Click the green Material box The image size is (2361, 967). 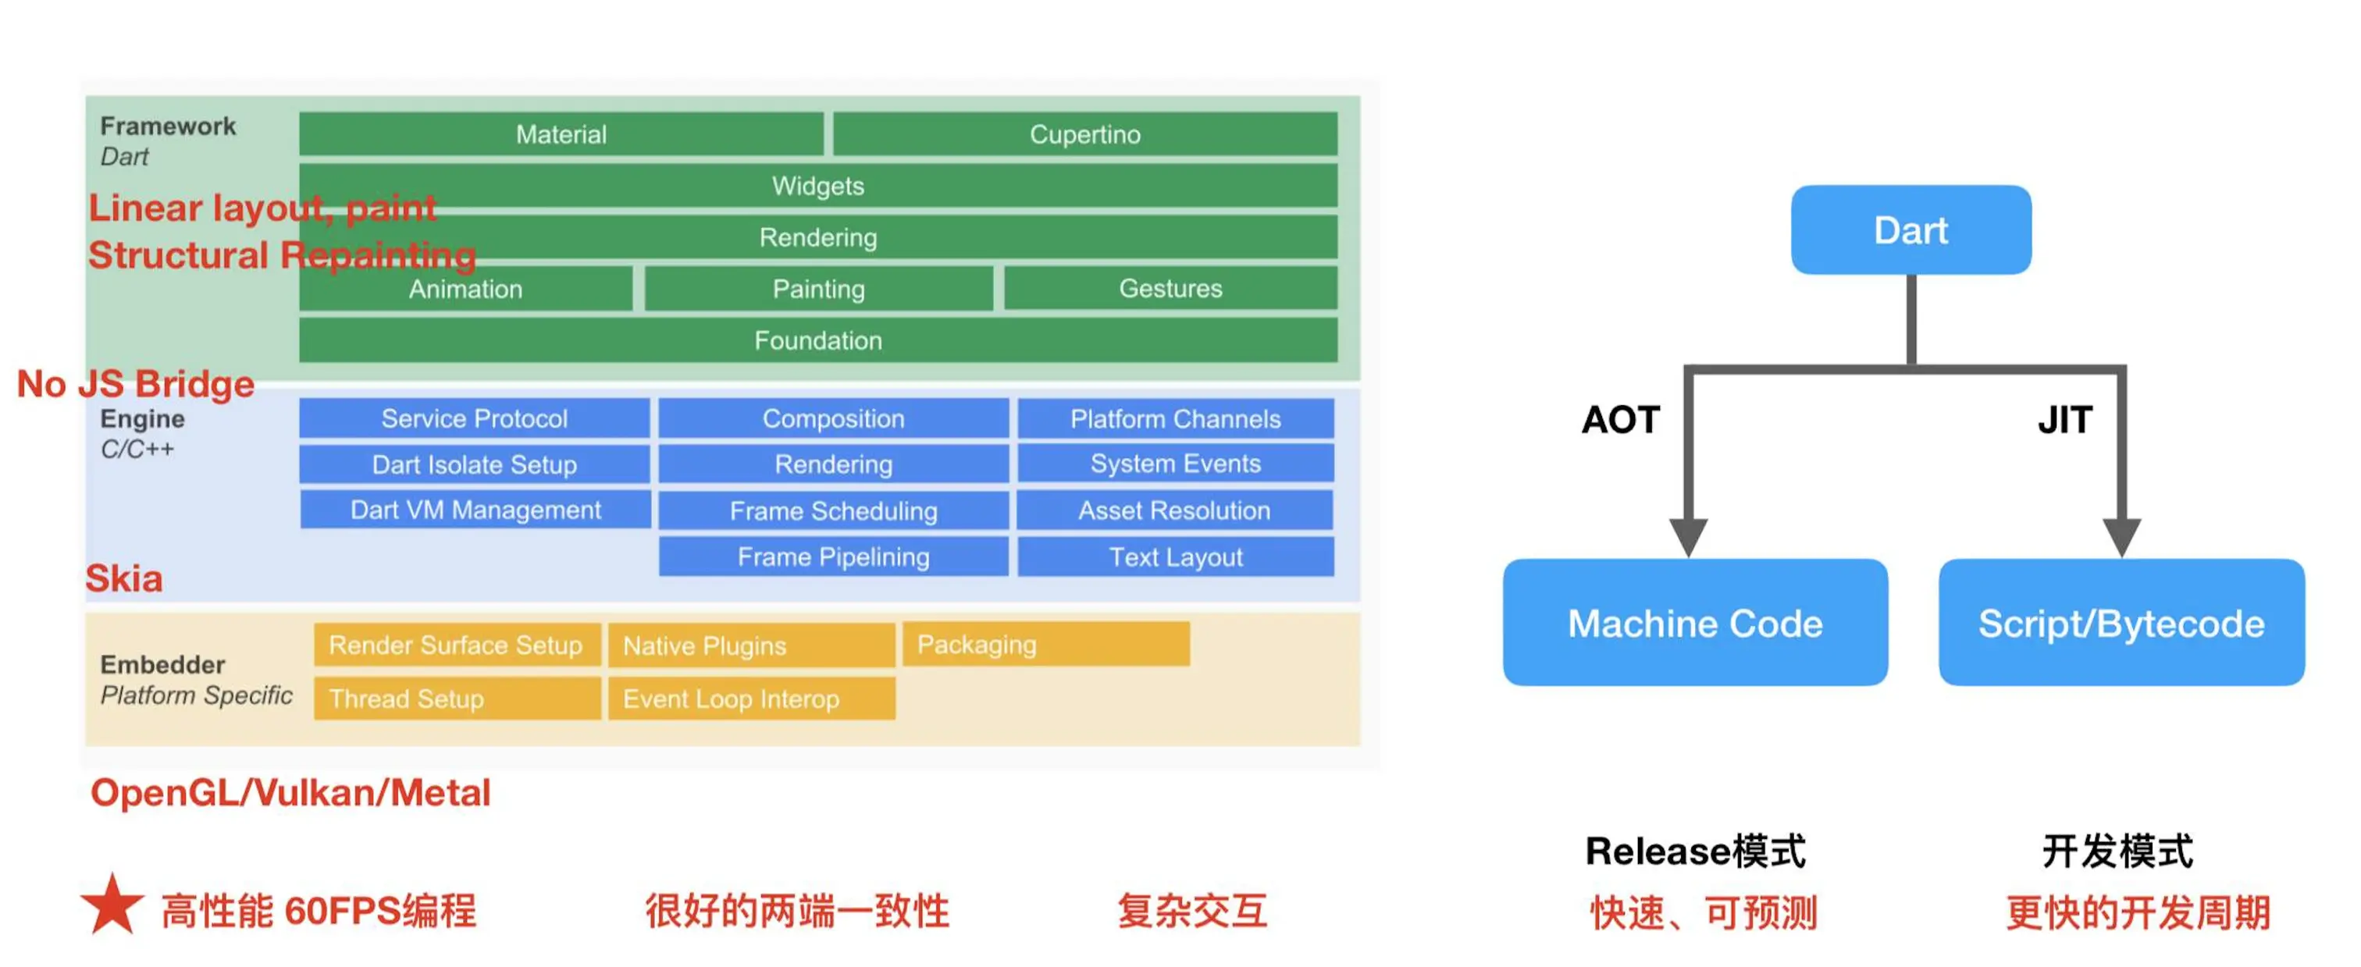pos(561,135)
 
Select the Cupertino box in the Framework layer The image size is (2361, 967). pos(1084,135)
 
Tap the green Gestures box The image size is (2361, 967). pos(1170,289)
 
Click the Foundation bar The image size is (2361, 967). pos(817,340)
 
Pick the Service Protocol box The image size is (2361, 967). pos(474,419)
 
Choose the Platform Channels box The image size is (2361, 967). pos(1175,419)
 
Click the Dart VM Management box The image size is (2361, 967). pos(475,510)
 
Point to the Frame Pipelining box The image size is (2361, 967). pos(833,557)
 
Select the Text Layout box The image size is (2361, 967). pos(1175,557)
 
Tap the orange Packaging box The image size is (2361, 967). pos(1045,645)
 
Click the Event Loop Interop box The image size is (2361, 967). pos(750,699)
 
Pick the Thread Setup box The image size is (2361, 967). pos(457,699)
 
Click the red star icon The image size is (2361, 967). pos(112,905)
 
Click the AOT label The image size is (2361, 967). pos(1620,420)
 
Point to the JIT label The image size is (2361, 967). pos(2065,420)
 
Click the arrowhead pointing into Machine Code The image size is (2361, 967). pos(1687,535)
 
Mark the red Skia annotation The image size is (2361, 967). pos(123,578)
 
